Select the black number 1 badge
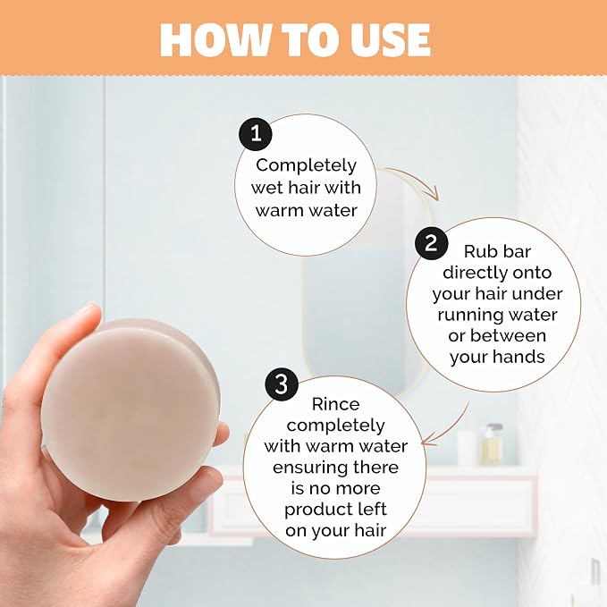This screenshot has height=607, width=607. (x=256, y=134)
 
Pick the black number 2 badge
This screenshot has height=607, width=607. (x=431, y=243)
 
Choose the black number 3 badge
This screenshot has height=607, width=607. (x=282, y=384)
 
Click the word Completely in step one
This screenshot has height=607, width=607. (x=306, y=165)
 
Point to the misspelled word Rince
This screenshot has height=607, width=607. (x=335, y=404)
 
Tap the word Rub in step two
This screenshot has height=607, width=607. (x=477, y=251)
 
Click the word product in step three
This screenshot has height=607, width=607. (x=317, y=510)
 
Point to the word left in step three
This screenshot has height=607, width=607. (x=372, y=509)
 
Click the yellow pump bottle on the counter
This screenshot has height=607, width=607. (x=493, y=444)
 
